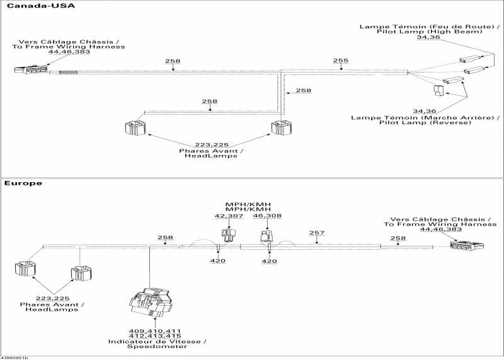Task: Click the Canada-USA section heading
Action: (40, 6)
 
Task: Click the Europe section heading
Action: (23, 183)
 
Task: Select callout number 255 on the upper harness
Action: (340, 61)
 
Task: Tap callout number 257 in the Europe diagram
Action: (317, 233)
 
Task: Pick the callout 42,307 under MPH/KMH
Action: (229, 216)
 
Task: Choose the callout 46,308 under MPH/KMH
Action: (267, 216)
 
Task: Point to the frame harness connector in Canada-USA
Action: (31, 69)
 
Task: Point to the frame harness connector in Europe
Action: (466, 245)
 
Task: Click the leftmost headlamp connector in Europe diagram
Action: (25, 269)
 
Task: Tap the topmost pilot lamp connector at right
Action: (471, 59)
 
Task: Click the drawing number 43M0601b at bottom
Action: (14, 357)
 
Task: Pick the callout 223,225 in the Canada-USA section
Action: (212, 145)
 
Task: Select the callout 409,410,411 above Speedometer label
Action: (155, 331)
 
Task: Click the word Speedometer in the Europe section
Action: (157, 347)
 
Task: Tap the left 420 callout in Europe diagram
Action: (217, 260)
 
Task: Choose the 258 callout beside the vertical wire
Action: (304, 90)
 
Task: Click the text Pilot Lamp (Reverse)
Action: (425, 122)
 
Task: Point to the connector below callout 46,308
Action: (266, 236)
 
